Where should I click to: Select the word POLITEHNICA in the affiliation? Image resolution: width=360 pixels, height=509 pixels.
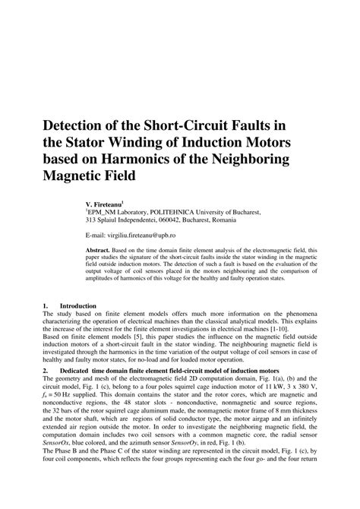pyautogui.click(x=175, y=213)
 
